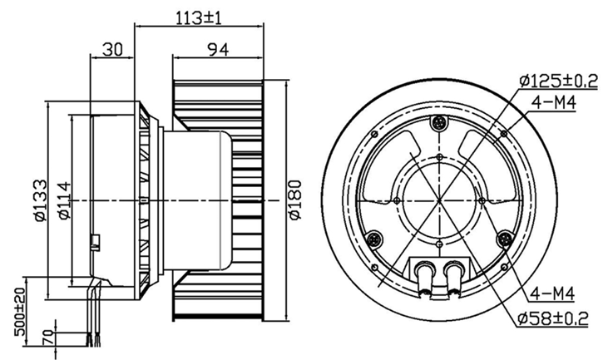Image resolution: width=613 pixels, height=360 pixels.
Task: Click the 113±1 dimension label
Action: click(x=198, y=17)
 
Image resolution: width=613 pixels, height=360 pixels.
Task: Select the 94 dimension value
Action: click(x=218, y=50)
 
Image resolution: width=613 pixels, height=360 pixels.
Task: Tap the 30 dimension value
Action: click(x=112, y=50)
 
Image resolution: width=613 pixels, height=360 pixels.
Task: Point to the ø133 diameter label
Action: click(x=40, y=200)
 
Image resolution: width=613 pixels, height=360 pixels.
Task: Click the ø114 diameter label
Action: click(x=64, y=200)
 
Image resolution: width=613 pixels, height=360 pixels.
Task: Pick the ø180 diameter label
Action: click(x=295, y=200)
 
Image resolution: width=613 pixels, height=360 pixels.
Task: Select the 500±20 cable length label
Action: click(x=20, y=312)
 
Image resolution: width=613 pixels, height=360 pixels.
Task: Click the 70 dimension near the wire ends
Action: click(x=47, y=337)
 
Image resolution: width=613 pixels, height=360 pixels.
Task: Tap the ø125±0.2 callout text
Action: click(x=558, y=81)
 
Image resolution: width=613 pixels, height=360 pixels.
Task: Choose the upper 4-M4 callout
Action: click(x=554, y=103)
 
